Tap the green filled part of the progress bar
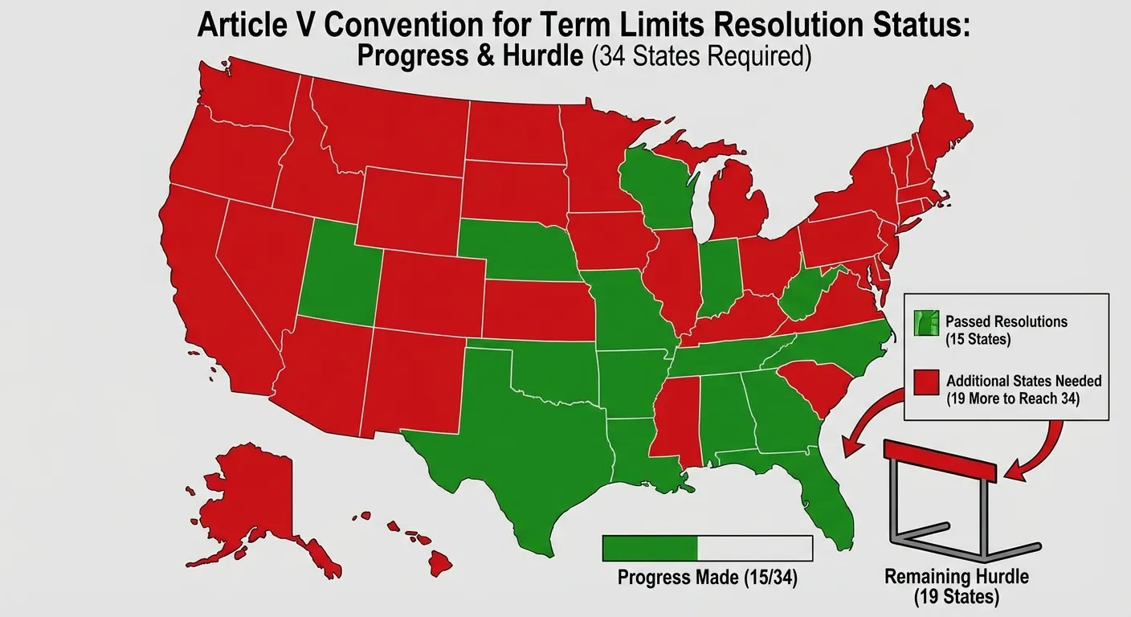tap(650, 548)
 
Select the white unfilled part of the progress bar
tap(755, 548)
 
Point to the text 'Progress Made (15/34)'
tap(707, 577)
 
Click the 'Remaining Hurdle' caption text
tap(956, 577)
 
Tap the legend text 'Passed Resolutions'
tap(1006, 321)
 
